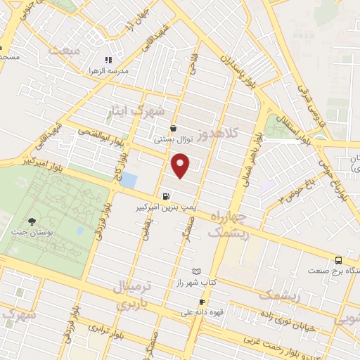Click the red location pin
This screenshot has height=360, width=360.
point(181,166)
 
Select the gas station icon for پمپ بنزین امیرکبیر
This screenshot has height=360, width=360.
point(165,197)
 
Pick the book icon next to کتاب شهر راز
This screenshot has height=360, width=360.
point(196,271)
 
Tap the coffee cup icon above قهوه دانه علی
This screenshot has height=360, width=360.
point(202,301)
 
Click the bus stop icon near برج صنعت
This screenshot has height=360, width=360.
point(339,259)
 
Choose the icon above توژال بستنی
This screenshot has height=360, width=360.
point(174,128)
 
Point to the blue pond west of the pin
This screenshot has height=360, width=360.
point(129,180)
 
